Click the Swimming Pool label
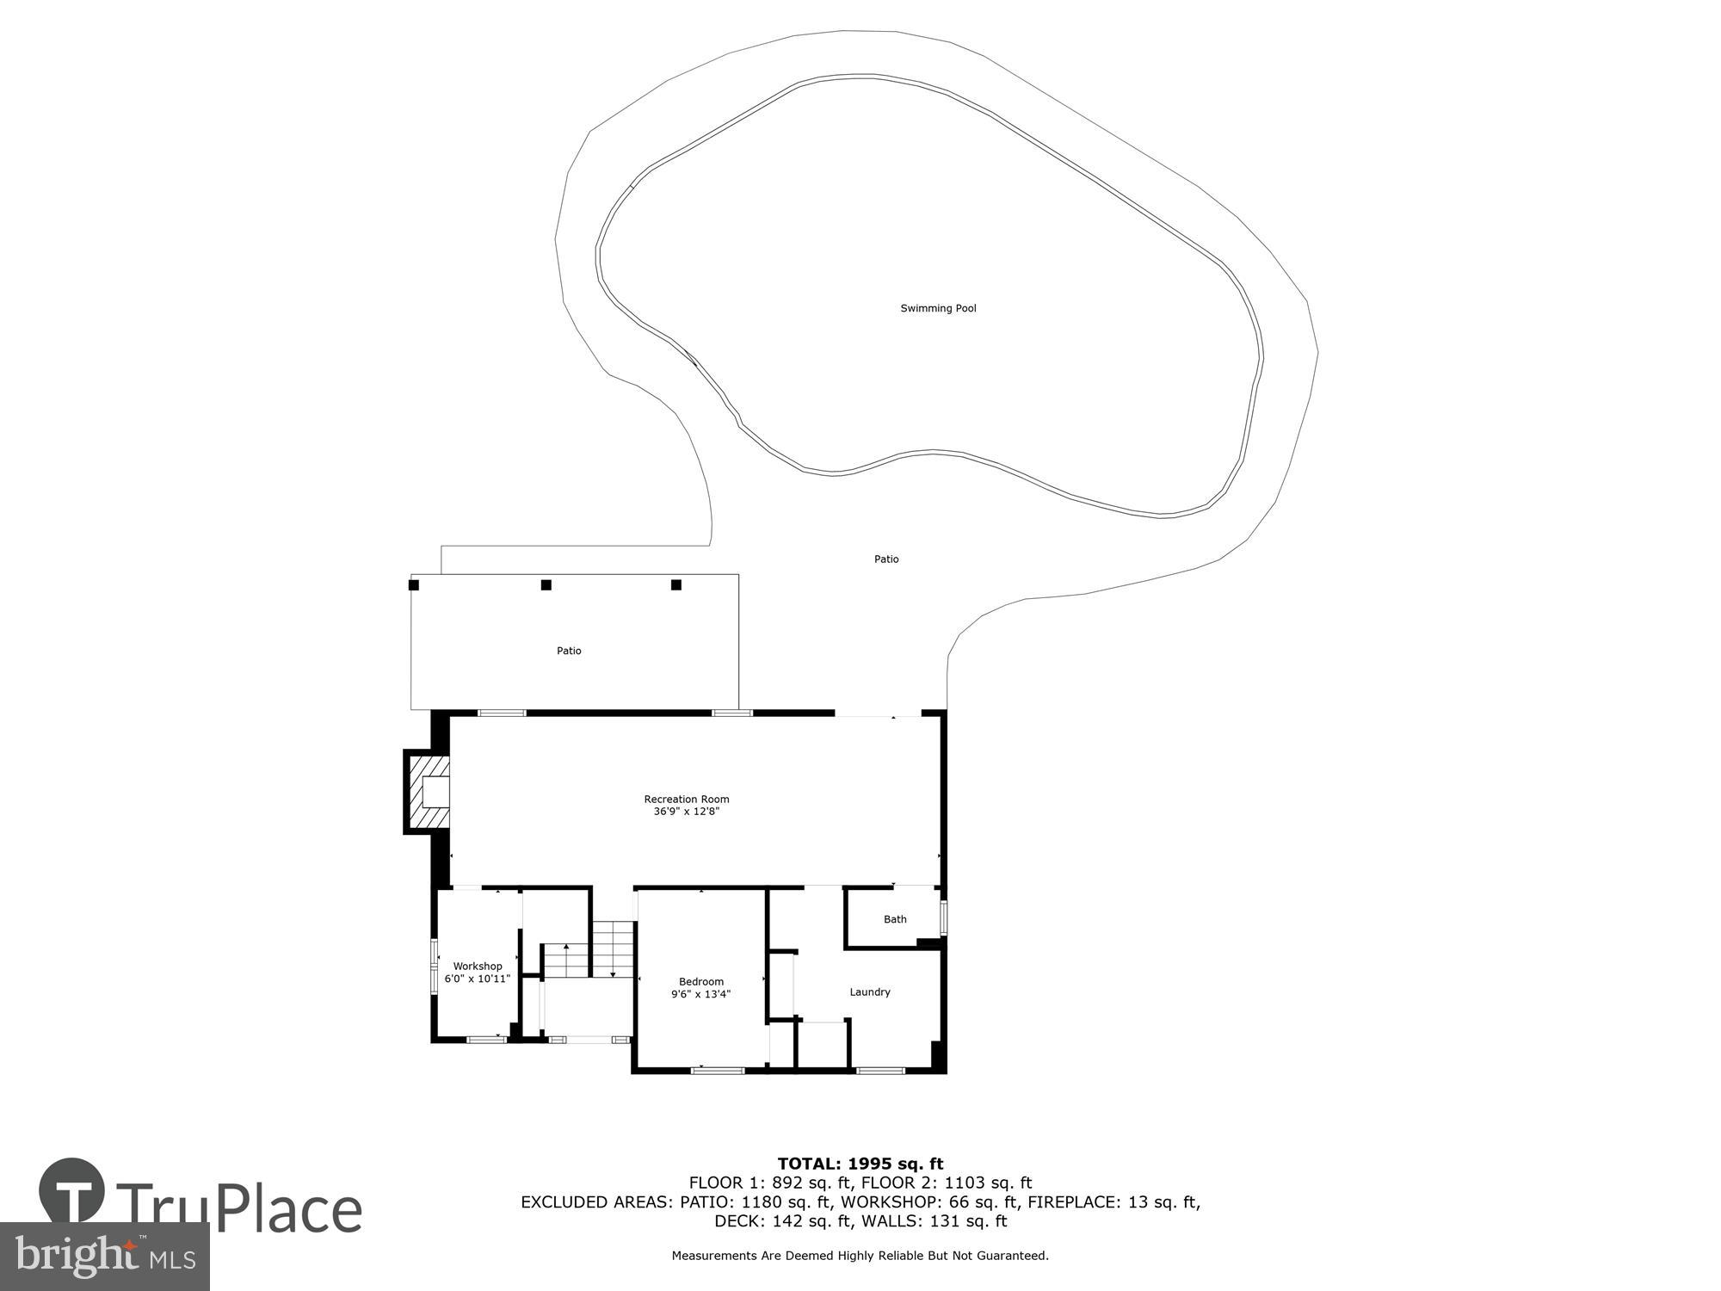[938, 308]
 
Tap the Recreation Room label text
[687, 799]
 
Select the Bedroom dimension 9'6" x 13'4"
[700, 994]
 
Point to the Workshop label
[478, 966]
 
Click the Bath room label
[895, 919]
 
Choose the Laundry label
[870, 991]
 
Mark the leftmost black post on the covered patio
[414, 585]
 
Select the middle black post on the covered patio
[546, 585]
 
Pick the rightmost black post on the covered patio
[676, 585]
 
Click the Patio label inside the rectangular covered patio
[569, 651]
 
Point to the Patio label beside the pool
[886, 559]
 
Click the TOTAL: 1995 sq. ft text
[860, 1164]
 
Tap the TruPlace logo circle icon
[72, 1191]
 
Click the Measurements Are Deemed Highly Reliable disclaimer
[860, 1256]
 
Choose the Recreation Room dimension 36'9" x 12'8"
[686, 811]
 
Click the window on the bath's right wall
[944, 917]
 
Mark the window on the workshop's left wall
[435, 966]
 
